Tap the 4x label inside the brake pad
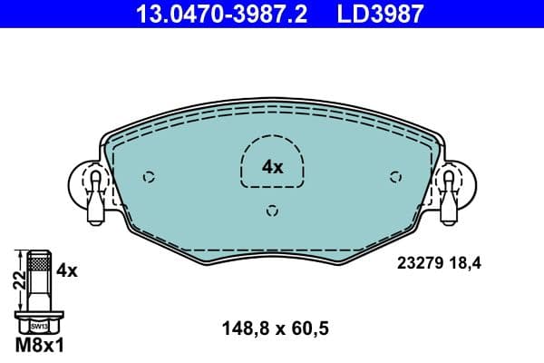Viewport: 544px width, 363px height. [x=272, y=167]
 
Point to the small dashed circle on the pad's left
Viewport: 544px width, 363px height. [x=151, y=177]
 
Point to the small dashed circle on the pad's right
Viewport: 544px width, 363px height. [x=394, y=177]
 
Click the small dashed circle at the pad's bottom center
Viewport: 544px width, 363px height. [x=272, y=211]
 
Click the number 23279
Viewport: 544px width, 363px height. [x=418, y=265]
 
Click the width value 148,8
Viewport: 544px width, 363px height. [x=242, y=331]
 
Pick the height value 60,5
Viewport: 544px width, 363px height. [x=308, y=331]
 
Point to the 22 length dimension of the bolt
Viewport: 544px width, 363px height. [x=15, y=282]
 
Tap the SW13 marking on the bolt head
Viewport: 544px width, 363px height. [x=38, y=325]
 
